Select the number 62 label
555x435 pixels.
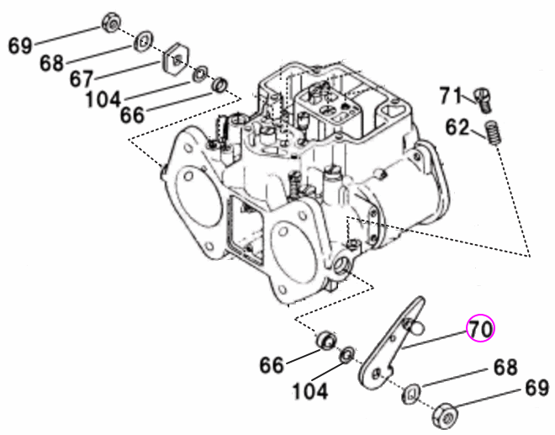pyautogui.click(x=457, y=127)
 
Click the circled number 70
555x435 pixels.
pyautogui.click(x=481, y=329)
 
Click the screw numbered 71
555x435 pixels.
pyautogui.click(x=483, y=100)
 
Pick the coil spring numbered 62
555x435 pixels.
pyautogui.click(x=494, y=133)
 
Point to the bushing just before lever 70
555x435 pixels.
pyautogui.click(x=322, y=342)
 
